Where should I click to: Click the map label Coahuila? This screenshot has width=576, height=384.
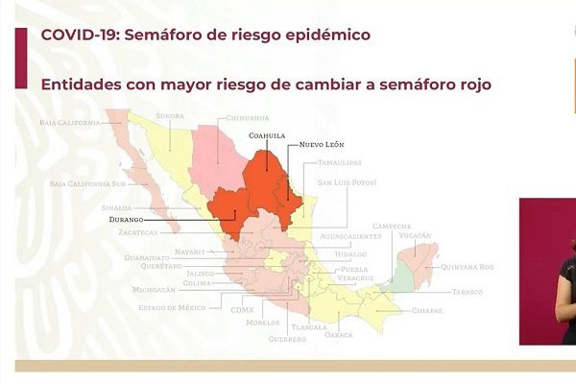click(267, 135)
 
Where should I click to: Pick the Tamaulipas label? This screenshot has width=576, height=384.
click(341, 163)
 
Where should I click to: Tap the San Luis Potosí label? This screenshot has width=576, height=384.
click(347, 181)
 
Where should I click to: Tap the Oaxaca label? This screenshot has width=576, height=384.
click(339, 335)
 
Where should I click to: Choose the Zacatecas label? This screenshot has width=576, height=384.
click(131, 231)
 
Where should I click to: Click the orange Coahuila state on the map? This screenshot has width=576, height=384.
click(264, 178)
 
